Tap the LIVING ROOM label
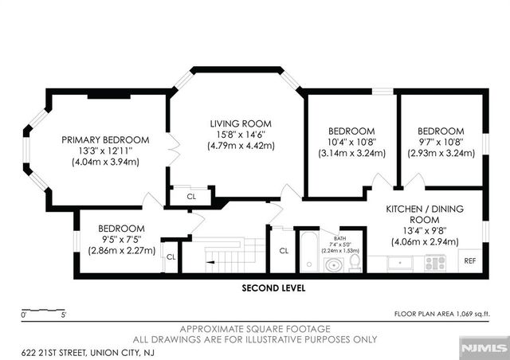point(241,123)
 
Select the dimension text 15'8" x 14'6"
point(241,135)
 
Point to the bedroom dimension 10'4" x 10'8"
point(351,142)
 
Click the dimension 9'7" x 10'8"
point(441,142)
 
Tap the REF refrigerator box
point(470,260)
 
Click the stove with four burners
point(435,261)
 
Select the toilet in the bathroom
point(355,261)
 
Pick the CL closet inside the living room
point(191,196)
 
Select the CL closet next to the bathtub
point(283,250)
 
